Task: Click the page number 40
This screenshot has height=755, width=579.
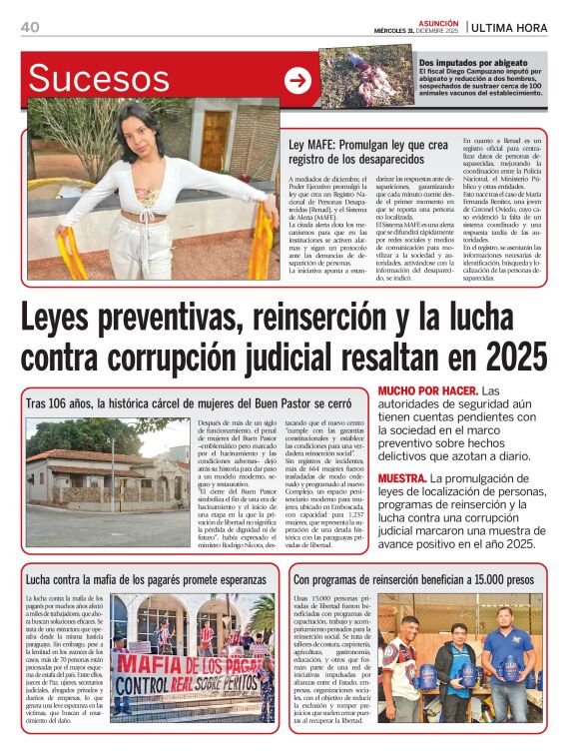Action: [29, 27]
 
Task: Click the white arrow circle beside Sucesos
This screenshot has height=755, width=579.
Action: [297, 81]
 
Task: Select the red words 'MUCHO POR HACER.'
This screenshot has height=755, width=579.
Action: [427, 389]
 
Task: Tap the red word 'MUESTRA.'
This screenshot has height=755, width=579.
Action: [404, 479]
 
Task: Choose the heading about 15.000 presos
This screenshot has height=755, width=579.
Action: [415, 577]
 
